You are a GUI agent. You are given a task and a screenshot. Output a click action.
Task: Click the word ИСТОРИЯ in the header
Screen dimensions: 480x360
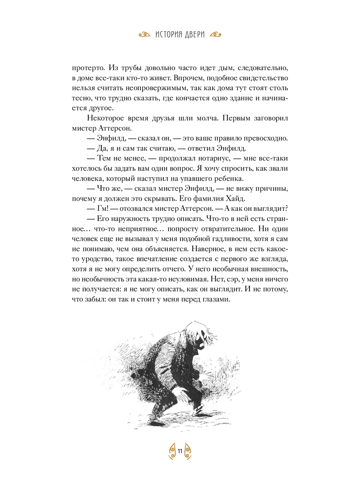[x=169, y=35]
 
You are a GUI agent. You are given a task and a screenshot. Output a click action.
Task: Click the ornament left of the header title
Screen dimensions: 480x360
[x=144, y=35]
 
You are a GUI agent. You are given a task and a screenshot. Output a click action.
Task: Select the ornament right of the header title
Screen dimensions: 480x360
[x=215, y=35]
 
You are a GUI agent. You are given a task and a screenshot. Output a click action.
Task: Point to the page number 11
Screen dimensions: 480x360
[x=180, y=451]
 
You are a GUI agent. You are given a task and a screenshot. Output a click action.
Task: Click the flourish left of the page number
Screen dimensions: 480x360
[x=172, y=451]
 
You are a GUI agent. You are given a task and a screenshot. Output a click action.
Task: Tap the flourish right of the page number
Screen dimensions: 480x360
[x=188, y=451]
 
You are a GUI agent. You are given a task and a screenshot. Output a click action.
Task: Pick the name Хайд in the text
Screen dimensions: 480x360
[x=235, y=199]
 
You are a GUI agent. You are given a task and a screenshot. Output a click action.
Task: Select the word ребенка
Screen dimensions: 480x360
[x=229, y=178]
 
